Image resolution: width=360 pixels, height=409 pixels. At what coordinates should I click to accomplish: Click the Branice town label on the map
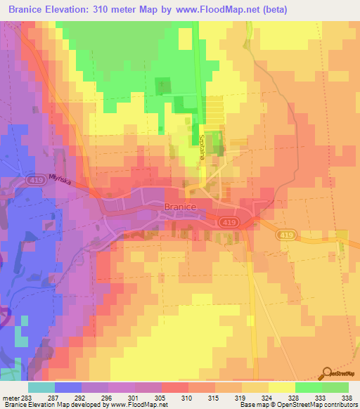click(x=179, y=207)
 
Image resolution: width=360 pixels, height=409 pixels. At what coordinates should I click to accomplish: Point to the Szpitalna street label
click(x=201, y=147)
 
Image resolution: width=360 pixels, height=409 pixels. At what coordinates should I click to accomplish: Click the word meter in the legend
click(x=10, y=397)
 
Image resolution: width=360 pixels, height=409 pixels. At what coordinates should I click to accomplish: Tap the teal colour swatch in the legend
click(x=41, y=387)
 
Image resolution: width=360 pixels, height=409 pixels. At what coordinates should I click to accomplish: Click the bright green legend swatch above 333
click(x=308, y=387)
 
